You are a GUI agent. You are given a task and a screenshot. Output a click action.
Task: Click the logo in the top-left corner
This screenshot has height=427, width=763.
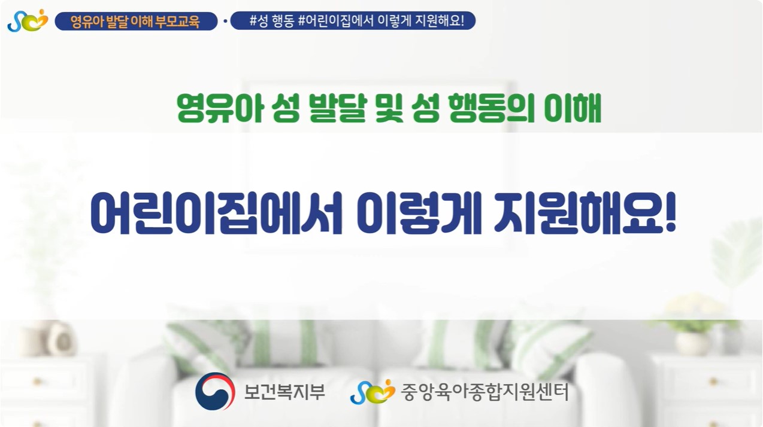point(28,20)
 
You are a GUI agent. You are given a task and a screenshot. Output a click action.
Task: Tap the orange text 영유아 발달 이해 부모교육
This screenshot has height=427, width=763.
point(135,22)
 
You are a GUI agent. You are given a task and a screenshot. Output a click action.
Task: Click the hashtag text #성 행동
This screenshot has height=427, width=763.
point(272,21)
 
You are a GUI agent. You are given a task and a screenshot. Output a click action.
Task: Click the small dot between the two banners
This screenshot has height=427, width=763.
point(225,21)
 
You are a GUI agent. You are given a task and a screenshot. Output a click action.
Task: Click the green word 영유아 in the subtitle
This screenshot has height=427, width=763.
point(221,108)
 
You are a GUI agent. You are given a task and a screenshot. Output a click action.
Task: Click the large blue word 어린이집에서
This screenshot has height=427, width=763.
point(216,213)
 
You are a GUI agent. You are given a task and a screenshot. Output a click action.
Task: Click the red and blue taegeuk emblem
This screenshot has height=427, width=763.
point(215,391)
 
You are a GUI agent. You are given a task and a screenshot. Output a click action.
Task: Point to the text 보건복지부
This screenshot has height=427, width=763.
point(284,392)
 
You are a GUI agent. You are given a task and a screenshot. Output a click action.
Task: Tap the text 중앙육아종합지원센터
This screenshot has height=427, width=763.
point(485,392)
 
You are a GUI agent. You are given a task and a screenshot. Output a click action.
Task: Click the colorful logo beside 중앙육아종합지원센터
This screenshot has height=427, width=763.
point(373,392)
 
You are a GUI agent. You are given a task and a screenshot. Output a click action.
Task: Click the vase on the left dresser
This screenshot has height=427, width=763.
point(61,339)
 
